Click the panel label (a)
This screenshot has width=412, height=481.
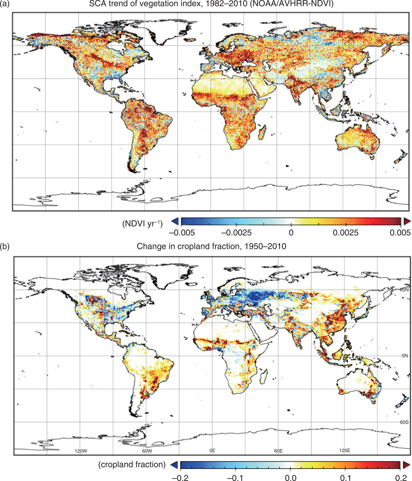tap(5, 4)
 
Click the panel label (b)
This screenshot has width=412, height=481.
tap(5, 246)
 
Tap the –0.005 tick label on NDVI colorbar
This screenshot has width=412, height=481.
tap(182, 233)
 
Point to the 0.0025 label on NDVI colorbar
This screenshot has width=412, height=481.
tap(346, 233)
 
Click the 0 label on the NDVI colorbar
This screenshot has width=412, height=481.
tap(291, 233)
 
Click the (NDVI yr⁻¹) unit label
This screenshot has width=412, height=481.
tap(143, 224)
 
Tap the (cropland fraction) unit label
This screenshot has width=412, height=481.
tap(132, 465)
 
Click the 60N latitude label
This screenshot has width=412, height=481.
tap(404, 290)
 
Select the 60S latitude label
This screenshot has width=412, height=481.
tap(404, 422)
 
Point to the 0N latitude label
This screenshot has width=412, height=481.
tap(405, 356)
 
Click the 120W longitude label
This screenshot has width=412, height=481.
tap(81, 451)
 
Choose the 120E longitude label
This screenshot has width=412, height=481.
tap(344, 450)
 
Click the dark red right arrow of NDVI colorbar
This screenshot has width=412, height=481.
tap(407, 221)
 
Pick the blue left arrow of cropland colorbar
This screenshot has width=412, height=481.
tap(174, 465)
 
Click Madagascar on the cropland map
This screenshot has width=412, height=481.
tap(263, 377)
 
